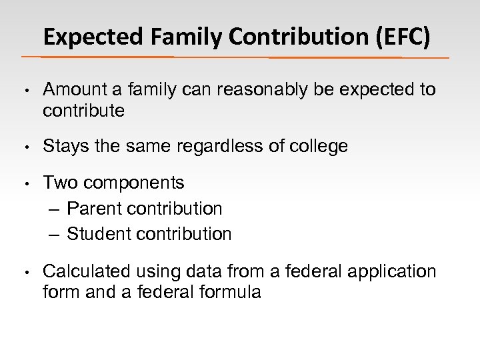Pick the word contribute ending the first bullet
pyautogui.click(x=83, y=111)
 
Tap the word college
pyautogui.click(x=319, y=146)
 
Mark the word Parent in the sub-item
pyautogui.click(x=94, y=209)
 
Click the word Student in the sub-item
pyautogui.click(x=98, y=234)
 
